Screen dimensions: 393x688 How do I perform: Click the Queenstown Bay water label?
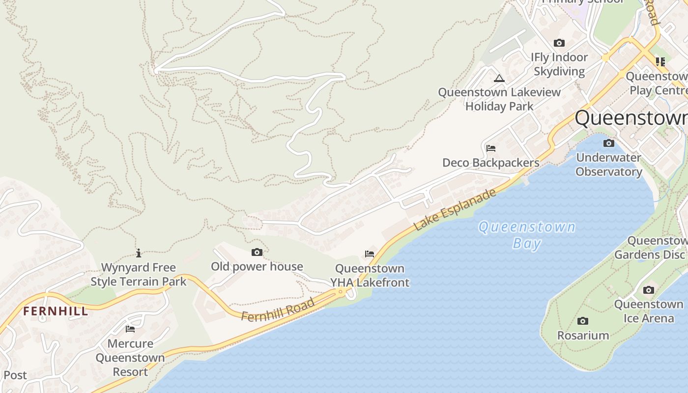[x=527, y=235]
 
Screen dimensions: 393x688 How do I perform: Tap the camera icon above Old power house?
[x=257, y=253]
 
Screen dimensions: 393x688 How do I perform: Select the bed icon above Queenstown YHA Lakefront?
[x=370, y=254]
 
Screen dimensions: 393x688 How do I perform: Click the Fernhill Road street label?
[x=278, y=310]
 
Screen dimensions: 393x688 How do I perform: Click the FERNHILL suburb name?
[x=56, y=311]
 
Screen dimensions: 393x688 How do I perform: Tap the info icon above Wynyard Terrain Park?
[x=139, y=253]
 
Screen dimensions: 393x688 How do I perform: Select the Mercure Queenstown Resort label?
[x=130, y=358]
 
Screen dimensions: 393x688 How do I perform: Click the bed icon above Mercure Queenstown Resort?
[x=130, y=329]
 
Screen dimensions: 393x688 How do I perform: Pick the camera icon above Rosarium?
[x=583, y=321]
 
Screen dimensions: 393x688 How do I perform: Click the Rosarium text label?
[x=583, y=336]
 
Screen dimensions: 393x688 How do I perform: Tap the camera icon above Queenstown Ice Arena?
[x=649, y=290]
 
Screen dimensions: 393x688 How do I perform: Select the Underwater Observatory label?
[x=608, y=165]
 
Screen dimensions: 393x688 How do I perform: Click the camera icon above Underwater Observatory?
[x=609, y=143]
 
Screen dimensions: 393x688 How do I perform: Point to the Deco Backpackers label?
[x=490, y=163]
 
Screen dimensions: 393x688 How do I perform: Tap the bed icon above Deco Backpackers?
[x=490, y=148]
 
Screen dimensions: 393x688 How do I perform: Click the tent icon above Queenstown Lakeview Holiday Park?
[x=499, y=78]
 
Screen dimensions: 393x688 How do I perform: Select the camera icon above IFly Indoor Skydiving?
[x=559, y=43]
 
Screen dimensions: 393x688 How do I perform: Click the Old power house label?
[x=257, y=267]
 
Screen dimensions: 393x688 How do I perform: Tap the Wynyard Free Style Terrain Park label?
[x=139, y=275]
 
